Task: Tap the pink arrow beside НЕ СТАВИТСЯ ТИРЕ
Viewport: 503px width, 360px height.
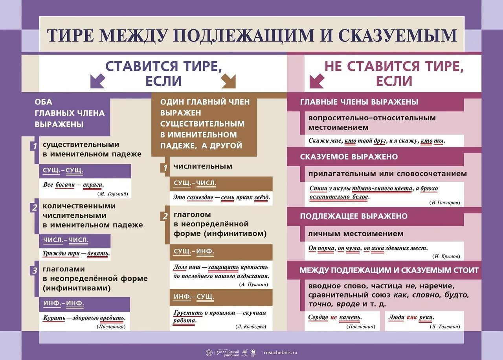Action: (316, 81)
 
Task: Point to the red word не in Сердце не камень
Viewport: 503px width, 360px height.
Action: (334, 318)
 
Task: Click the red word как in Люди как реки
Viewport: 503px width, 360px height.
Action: (411, 318)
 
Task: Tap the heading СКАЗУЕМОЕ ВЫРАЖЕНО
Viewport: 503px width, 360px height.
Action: (349, 157)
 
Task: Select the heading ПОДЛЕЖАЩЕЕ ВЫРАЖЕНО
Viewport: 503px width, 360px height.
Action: (354, 216)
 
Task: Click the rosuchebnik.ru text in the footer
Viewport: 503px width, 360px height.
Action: (280, 353)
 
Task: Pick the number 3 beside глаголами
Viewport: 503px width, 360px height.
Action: (35, 270)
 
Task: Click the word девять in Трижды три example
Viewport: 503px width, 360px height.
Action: (97, 253)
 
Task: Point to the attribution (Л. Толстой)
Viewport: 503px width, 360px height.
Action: (445, 327)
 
